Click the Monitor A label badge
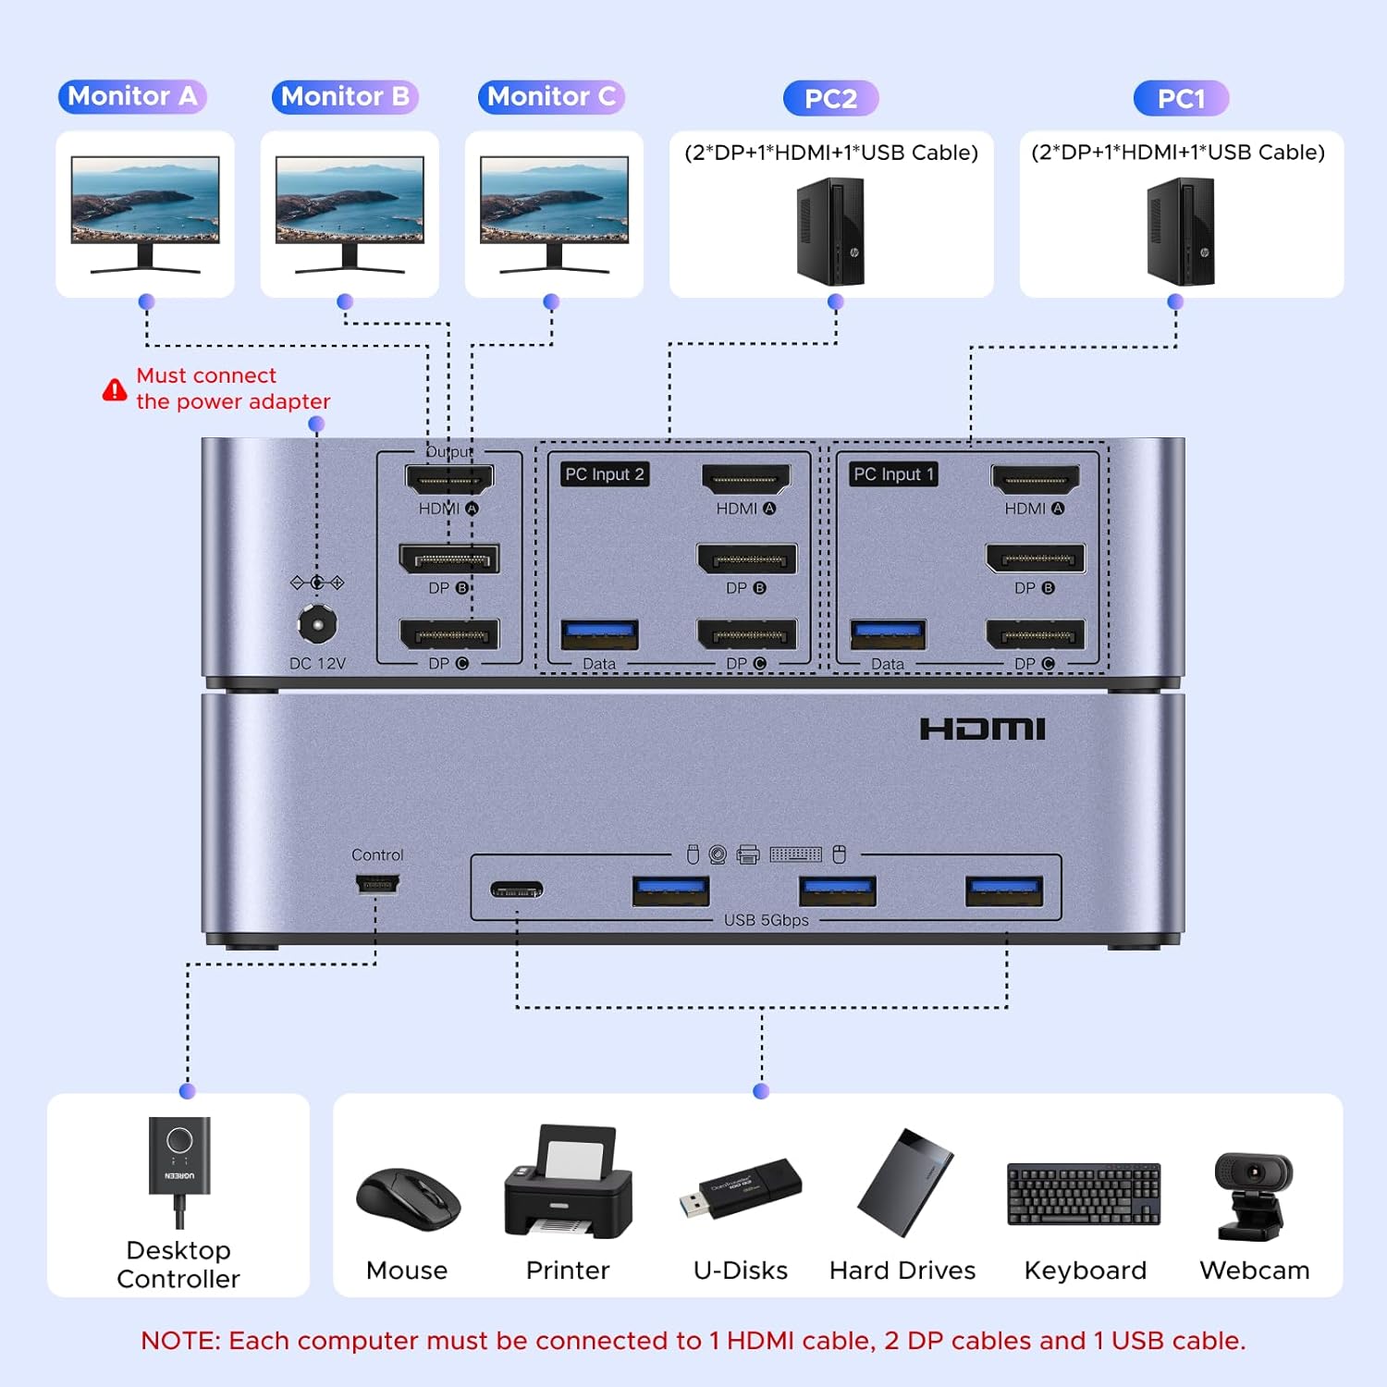132,96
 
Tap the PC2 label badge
830,98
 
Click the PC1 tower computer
1181,231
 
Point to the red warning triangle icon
115,389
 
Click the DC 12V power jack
317,625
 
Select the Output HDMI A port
449,479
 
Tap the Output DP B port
449,558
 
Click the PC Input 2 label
604,474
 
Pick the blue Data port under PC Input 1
888,634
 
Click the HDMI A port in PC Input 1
1035,479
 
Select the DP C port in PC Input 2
747,634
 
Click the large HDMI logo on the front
982,729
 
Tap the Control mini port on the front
377,885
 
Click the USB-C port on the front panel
517,890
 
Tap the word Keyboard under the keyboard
1085,1270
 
